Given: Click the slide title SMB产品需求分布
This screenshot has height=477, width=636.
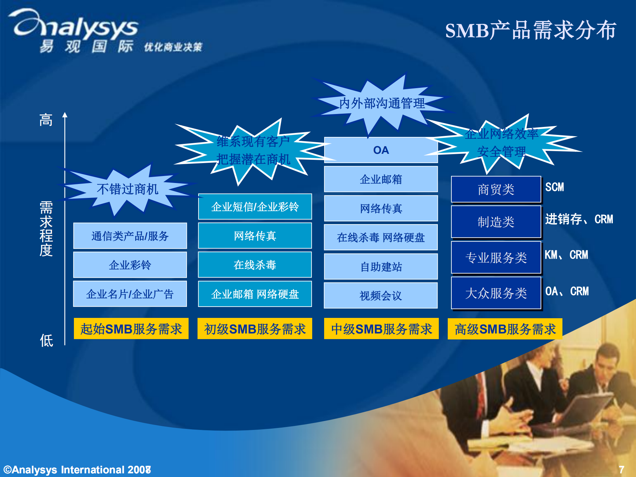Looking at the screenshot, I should [x=530, y=30].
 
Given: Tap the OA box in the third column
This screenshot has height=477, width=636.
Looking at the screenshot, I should [x=381, y=150].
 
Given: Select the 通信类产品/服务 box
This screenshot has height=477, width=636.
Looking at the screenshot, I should [x=130, y=236].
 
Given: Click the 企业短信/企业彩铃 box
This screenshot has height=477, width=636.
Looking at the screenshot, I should [x=255, y=207].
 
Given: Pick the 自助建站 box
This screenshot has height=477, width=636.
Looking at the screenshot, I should [x=381, y=267].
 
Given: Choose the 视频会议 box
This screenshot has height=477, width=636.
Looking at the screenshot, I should [x=380, y=296].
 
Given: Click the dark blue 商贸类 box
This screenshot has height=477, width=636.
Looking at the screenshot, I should [x=496, y=190].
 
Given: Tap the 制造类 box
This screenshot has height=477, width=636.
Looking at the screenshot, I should [x=496, y=222].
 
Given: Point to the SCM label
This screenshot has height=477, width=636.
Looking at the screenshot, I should [x=554, y=187].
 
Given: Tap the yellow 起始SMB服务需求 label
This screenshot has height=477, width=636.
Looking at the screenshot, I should [x=131, y=329].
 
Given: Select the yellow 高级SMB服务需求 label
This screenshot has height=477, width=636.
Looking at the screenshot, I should [x=505, y=329].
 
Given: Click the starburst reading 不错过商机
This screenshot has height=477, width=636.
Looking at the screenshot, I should [x=128, y=189].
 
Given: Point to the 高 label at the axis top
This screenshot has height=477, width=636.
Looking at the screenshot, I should [x=46, y=120].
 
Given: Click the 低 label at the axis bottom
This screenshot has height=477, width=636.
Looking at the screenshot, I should [x=46, y=340].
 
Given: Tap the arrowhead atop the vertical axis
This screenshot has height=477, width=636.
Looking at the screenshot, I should [x=65, y=115].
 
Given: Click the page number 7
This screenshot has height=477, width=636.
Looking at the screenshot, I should [x=621, y=469].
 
